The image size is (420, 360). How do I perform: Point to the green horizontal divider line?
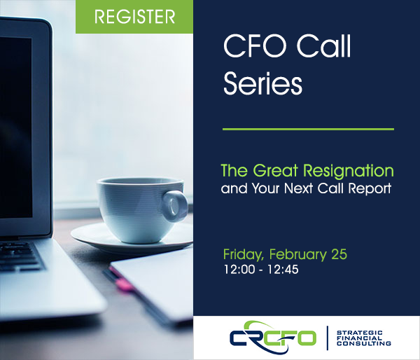(x=308, y=129)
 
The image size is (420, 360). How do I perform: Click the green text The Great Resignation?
(x=307, y=171)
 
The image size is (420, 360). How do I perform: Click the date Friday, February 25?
(x=285, y=254)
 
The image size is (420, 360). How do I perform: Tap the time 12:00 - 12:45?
(x=260, y=270)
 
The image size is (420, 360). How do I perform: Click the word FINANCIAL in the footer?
(x=358, y=337)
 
